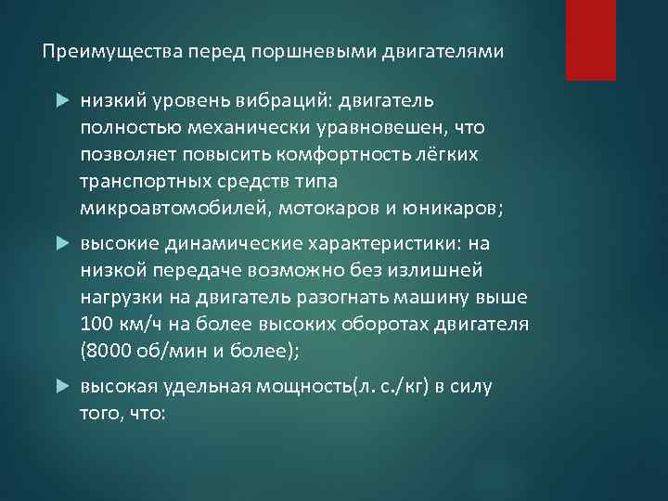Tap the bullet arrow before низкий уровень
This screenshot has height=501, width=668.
coord(62,98)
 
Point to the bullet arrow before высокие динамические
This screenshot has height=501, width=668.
coord(62,243)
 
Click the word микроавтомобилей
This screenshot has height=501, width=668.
coord(173,208)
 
